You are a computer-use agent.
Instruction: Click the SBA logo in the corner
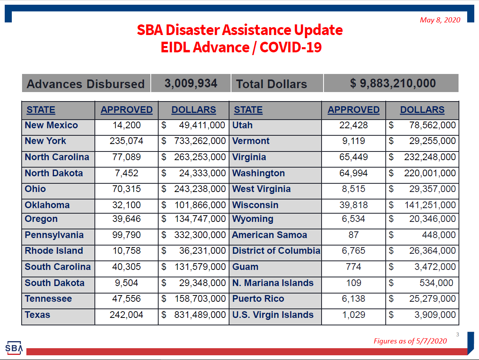point(14,347)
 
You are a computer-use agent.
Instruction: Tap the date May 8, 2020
point(440,20)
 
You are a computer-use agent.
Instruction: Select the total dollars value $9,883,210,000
point(393,83)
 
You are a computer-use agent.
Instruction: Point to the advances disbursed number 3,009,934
point(191,83)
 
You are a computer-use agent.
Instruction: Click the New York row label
point(45,141)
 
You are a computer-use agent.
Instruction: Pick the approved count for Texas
point(126,315)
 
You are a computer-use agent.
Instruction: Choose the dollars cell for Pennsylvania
point(193,235)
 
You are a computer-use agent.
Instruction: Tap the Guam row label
point(245,267)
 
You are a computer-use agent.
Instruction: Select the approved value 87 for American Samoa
point(353,235)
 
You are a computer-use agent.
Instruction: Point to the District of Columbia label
point(276,251)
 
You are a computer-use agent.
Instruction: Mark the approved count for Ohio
point(126,189)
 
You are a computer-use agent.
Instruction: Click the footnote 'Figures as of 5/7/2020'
point(410,341)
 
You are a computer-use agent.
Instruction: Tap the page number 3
point(457,334)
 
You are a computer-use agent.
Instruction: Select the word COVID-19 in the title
point(291,47)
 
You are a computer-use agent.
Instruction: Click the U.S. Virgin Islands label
point(273,315)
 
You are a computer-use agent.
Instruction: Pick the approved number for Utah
point(353,125)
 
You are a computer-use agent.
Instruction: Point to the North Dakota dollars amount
point(193,173)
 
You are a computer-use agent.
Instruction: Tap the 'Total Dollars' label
point(272,84)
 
